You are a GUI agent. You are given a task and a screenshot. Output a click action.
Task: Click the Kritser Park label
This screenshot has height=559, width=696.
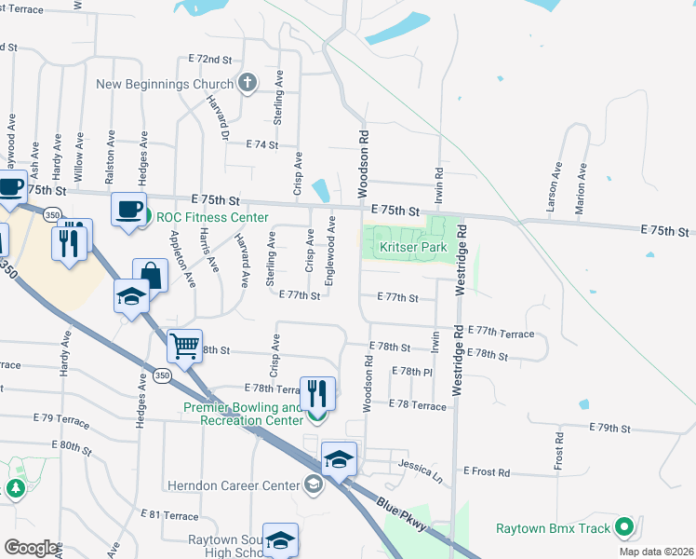click(x=414, y=248)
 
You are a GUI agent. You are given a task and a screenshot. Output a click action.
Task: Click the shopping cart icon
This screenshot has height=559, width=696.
click(x=184, y=347)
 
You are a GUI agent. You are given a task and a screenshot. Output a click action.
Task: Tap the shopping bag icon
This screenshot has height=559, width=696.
click(x=150, y=274)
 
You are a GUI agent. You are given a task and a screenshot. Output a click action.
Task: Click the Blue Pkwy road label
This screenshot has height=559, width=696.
click(x=403, y=515)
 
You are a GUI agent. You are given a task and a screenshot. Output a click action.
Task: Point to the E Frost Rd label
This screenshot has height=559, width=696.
click(x=487, y=472)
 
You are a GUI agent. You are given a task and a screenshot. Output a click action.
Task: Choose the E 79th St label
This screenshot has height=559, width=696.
click(x=610, y=429)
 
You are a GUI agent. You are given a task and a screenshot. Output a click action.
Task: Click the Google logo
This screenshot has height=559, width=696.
click(x=31, y=547)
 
